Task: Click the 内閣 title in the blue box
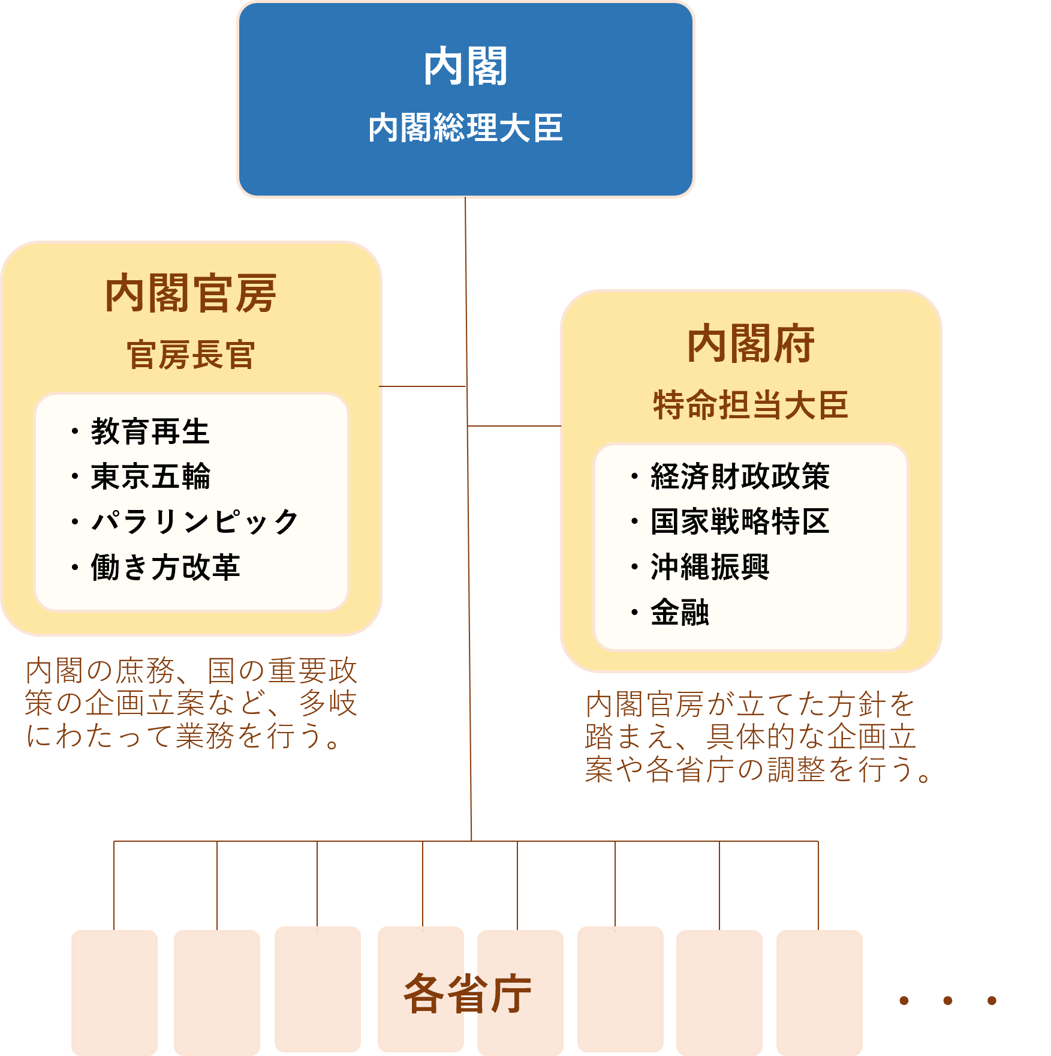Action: [x=465, y=67]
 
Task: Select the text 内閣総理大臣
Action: [x=465, y=128]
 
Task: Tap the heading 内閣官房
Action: [x=191, y=293]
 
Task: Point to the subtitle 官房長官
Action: [x=191, y=355]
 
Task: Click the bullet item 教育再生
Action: [x=150, y=431]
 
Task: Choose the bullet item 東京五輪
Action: [x=150, y=476]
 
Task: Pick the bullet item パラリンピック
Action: [x=194, y=521]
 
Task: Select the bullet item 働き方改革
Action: [x=165, y=567]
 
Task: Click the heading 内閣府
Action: [x=751, y=344]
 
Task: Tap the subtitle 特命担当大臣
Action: [x=751, y=404]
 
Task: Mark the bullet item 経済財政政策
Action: [x=740, y=476]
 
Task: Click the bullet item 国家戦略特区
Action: [x=740, y=521]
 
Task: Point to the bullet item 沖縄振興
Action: [x=710, y=567]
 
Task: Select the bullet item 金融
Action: [x=679, y=613]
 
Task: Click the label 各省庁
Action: [x=468, y=994]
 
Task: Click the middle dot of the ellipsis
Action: [x=948, y=1000]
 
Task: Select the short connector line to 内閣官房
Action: [x=423, y=386]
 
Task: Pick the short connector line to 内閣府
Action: [x=514, y=426]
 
